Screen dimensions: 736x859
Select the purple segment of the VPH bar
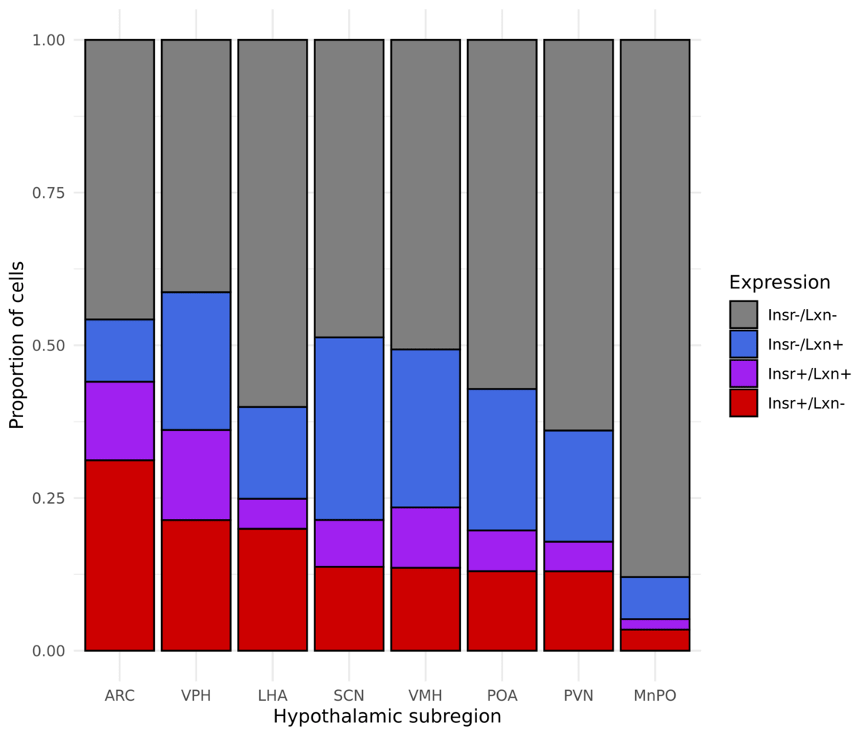click(x=196, y=475)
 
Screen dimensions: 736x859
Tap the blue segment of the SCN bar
click(x=349, y=429)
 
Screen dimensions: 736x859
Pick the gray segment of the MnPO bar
click(x=654, y=307)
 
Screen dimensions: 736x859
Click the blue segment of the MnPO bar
click(x=654, y=597)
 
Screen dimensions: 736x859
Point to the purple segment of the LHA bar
click(x=272, y=513)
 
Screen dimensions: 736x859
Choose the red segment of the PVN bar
click(x=578, y=610)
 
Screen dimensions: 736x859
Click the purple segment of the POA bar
click(x=502, y=550)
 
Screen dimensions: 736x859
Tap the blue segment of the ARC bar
click(x=119, y=350)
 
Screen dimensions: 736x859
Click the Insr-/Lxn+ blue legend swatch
click(x=743, y=343)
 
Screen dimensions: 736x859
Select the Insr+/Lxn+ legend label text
click(x=809, y=373)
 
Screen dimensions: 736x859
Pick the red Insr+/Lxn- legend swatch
click(x=743, y=402)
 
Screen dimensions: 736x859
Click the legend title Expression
click(x=779, y=282)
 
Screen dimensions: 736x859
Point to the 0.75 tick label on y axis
click(x=48, y=192)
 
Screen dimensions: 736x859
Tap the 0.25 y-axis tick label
click(x=48, y=498)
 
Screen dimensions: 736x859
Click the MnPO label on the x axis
click(x=654, y=696)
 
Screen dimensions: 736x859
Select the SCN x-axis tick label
click(x=349, y=696)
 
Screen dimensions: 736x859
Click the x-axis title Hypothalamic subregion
click(x=387, y=718)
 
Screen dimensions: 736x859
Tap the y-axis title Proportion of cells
click(x=17, y=345)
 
